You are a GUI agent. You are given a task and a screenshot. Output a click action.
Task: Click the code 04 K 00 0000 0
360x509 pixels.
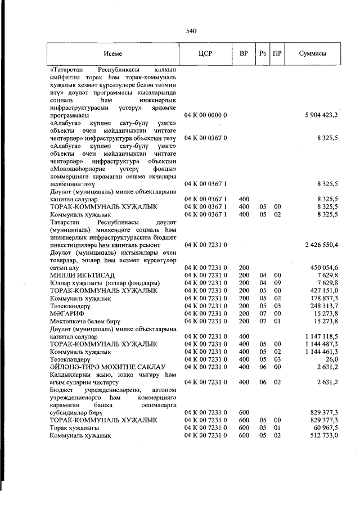pos(206,115)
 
